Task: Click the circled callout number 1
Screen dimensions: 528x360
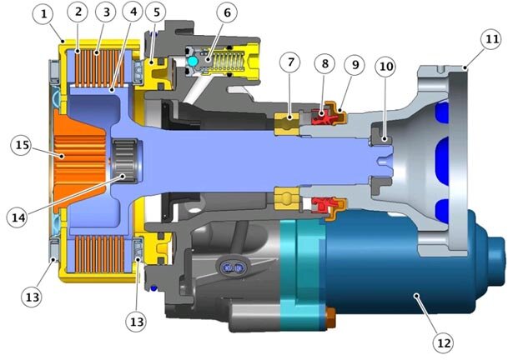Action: pyautogui.click(x=43, y=14)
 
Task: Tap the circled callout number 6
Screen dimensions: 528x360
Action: pyautogui.click(x=227, y=12)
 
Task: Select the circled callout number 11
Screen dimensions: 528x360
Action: pyautogui.click(x=491, y=39)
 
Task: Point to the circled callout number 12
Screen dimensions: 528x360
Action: pyautogui.click(x=443, y=342)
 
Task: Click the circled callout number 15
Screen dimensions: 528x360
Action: pyautogui.click(x=22, y=145)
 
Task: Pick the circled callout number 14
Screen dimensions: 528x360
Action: pyautogui.click(x=18, y=217)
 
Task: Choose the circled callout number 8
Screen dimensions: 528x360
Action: pyautogui.click(x=324, y=63)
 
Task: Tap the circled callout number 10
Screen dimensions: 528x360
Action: pyautogui.click(x=386, y=67)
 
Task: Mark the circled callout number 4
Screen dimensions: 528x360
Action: pyautogui.click(x=133, y=12)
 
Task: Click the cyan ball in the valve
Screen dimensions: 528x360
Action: pyautogui.click(x=193, y=61)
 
